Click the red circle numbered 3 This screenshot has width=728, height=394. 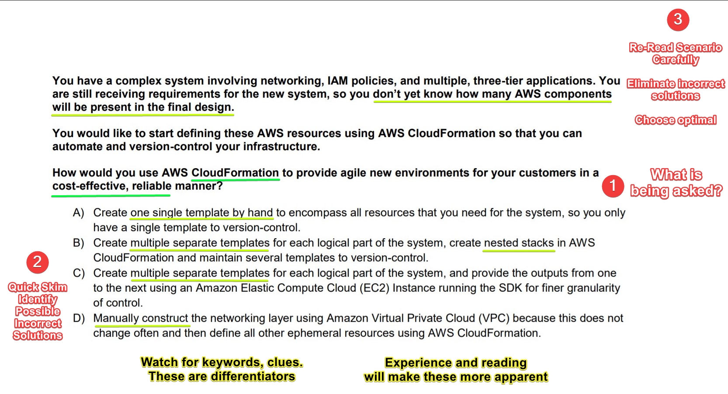coord(678,20)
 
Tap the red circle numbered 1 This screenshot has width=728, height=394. coord(613,186)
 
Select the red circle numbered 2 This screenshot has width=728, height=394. coord(38,262)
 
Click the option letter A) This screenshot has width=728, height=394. coord(78,213)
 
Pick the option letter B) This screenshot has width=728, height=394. coord(78,243)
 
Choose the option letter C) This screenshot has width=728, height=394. coord(79,273)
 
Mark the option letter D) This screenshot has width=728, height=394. coord(79,318)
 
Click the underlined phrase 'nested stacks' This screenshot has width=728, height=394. coord(519,243)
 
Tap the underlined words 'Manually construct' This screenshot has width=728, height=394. coord(141,318)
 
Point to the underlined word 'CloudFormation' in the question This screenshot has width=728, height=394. coord(235,172)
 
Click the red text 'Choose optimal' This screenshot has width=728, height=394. coord(676,120)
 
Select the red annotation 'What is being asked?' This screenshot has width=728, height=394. coord(676,183)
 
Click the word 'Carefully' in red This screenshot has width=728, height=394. coord(676,60)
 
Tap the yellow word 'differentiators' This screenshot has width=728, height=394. coord(253,376)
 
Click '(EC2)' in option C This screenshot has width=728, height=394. coord(374,288)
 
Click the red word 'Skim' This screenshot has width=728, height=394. coord(53,287)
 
